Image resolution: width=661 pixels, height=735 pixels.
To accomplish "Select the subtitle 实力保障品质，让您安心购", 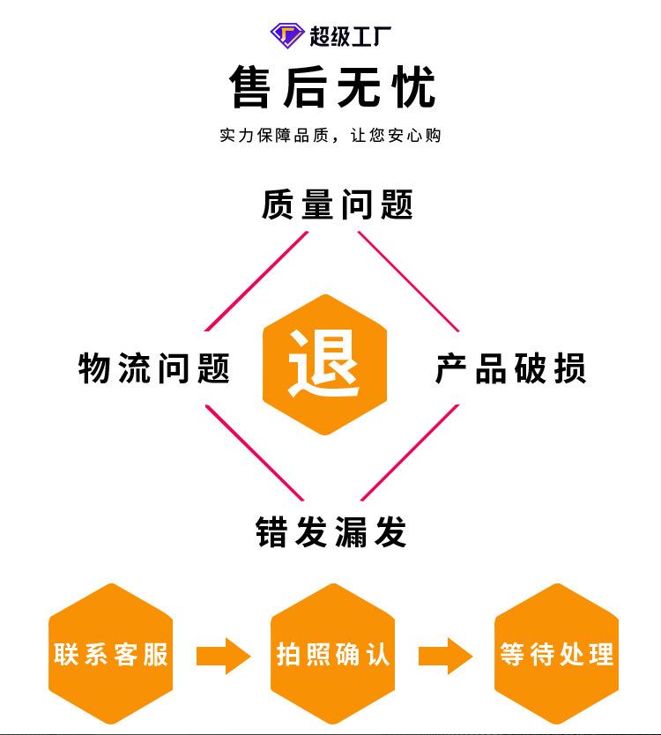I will pos(330,136).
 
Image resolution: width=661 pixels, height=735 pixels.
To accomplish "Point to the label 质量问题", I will pos(338,204).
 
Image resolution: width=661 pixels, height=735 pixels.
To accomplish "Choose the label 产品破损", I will pos(510,367).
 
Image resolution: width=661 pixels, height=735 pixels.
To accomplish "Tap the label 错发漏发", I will pos(331,532).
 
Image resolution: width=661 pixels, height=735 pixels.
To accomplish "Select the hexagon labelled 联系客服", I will pos(110,654).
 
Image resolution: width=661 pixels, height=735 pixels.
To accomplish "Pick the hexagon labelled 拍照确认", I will pos(332,654).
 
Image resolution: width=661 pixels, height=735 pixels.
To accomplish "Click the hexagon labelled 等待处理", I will pos(556,654).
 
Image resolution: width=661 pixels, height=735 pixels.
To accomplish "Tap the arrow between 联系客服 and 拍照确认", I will pos(223,655).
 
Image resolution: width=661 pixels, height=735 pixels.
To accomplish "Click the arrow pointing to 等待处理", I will pos(445,655).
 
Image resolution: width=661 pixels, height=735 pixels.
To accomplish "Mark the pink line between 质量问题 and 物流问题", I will pos(256,281).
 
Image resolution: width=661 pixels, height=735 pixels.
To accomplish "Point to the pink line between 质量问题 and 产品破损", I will pos(409,281).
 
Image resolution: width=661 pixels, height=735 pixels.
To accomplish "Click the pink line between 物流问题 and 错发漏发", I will pos(256,453).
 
